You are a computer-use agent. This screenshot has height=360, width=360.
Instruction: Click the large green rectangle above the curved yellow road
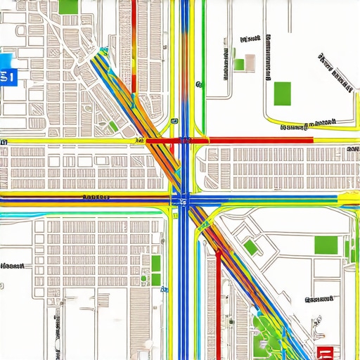[282, 92]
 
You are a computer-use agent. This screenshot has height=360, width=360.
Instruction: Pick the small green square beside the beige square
[239, 65]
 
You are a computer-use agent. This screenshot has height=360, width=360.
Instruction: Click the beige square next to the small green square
[249, 63]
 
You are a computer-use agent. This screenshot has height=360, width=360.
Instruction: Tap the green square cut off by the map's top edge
[69, 6]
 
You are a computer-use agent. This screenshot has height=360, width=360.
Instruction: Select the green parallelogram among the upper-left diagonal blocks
[112, 127]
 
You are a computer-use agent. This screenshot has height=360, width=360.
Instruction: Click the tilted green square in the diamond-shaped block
[250, 247]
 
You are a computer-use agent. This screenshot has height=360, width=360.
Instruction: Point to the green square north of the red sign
[326, 245]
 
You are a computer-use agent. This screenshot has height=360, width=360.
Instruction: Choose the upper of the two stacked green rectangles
[155, 266]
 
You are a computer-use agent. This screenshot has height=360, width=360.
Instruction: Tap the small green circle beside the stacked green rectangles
[143, 278]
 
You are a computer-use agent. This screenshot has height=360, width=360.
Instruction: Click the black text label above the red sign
[318, 300]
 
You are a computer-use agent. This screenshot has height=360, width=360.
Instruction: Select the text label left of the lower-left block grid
[12, 267]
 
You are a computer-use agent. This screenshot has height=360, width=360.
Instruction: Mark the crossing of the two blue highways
[184, 199]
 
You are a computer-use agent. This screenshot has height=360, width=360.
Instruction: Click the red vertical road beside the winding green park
[219, 302]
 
